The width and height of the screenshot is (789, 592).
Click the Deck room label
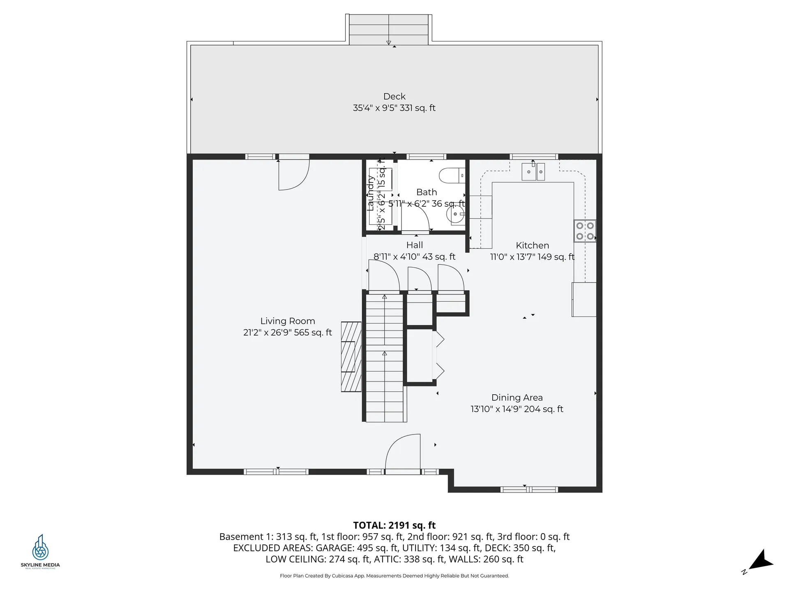pyautogui.click(x=394, y=97)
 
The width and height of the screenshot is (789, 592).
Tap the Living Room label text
pyautogui.click(x=288, y=321)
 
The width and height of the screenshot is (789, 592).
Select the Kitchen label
pyautogui.click(x=532, y=245)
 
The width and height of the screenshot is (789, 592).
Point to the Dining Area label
pyautogui.click(x=517, y=398)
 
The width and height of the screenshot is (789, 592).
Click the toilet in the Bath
pyautogui.click(x=452, y=176)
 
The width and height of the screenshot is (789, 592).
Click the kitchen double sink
pyautogui.click(x=533, y=172)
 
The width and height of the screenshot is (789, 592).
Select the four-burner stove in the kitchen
pyautogui.click(x=585, y=231)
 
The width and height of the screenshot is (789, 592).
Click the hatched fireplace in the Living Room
pyautogui.click(x=351, y=356)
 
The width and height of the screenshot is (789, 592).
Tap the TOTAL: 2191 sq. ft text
pyautogui.click(x=394, y=525)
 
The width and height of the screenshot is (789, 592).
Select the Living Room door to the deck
pyautogui.click(x=293, y=175)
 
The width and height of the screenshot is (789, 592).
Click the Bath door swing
pyautogui.click(x=415, y=218)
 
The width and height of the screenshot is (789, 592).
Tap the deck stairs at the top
pyautogui.click(x=388, y=30)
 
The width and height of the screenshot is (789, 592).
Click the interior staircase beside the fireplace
pyautogui.click(x=384, y=358)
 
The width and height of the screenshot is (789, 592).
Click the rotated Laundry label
pyautogui.click(x=371, y=193)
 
